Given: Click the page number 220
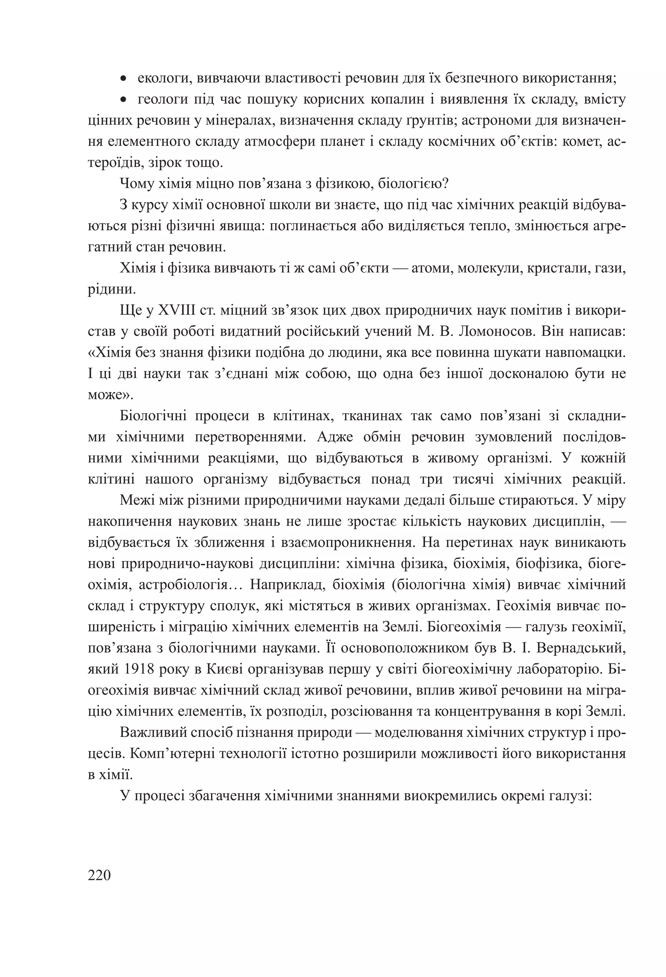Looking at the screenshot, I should click(x=99, y=875).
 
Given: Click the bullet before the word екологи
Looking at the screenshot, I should click(x=123, y=78).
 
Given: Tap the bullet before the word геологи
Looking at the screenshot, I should click(x=123, y=100).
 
